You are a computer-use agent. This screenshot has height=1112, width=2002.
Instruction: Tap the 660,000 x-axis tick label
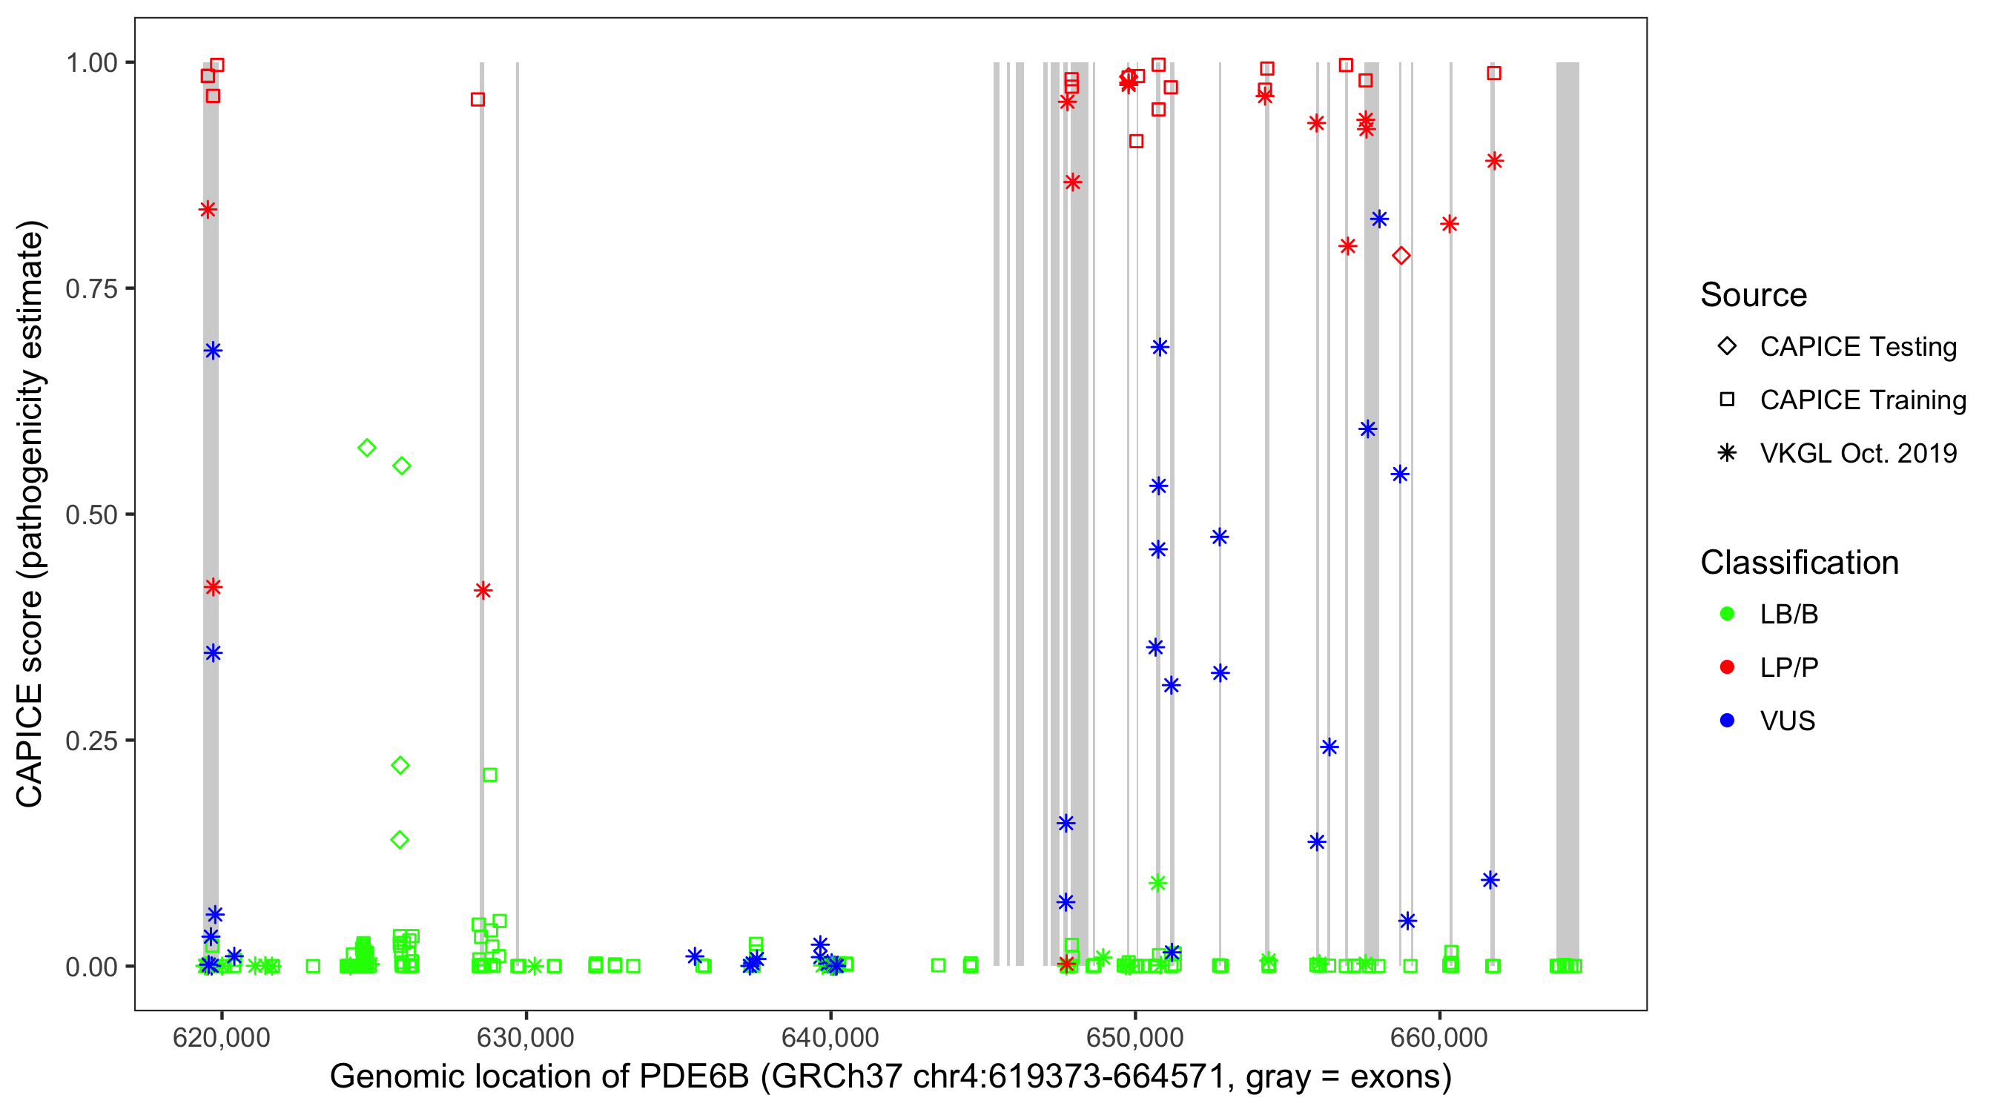point(1439,1037)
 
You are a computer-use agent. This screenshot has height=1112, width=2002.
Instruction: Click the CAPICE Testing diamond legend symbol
point(1727,347)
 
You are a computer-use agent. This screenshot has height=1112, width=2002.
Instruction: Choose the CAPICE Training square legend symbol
point(1727,400)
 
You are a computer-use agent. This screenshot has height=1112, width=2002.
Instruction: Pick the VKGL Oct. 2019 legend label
point(1858,453)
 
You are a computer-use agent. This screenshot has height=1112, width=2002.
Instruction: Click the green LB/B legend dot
point(1727,614)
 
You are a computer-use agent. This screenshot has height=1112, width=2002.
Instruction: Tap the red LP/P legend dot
point(1727,667)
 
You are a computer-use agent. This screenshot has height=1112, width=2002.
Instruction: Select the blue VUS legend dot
point(1727,721)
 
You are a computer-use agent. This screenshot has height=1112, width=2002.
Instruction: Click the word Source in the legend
point(1754,295)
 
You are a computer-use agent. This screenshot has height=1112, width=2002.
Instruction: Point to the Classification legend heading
point(1799,563)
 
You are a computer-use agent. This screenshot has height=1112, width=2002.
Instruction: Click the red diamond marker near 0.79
point(1401,256)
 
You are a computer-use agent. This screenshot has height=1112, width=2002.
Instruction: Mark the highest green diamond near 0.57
point(367,448)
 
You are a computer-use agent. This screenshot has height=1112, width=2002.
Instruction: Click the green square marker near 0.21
point(489,775)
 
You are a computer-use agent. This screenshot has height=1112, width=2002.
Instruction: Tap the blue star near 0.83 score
point(1379,219)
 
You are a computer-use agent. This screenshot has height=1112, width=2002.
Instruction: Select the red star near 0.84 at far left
point(208,209)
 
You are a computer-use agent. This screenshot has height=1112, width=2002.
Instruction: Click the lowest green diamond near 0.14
point(400,840)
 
